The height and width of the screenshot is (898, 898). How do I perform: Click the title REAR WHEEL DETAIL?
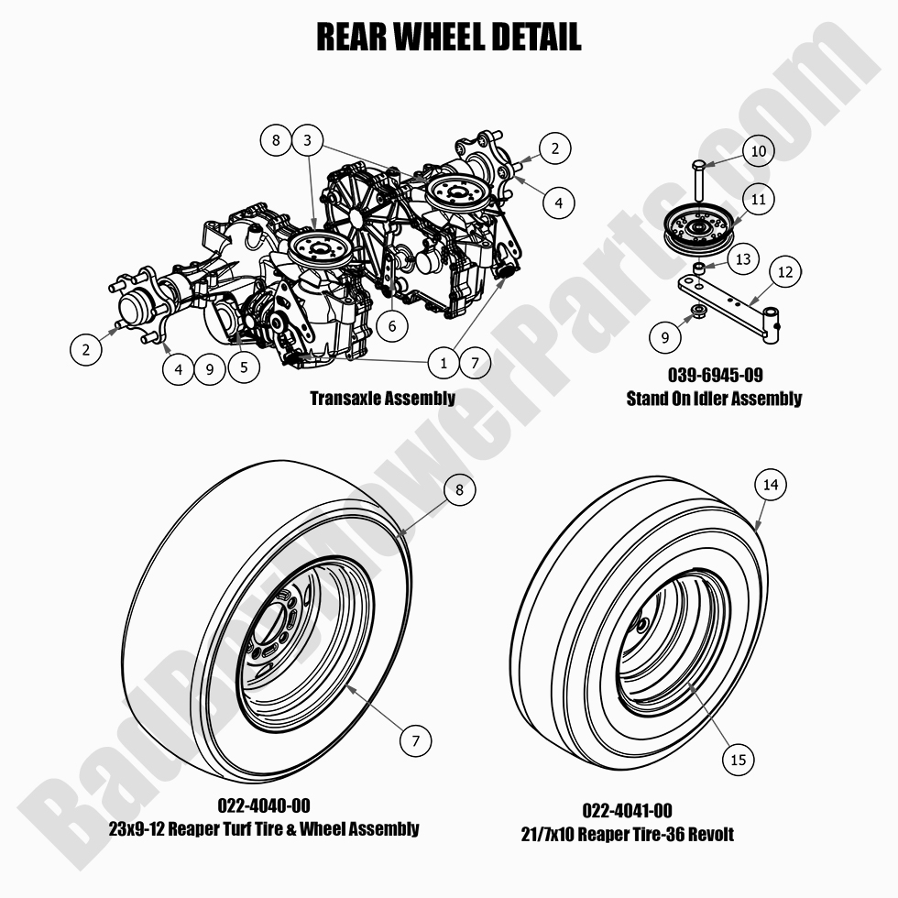448,37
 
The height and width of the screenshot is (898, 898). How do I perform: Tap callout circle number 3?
308,140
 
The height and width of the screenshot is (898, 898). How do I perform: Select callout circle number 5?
243,366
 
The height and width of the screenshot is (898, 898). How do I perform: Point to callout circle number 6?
391,324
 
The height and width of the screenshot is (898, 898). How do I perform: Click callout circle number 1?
444,363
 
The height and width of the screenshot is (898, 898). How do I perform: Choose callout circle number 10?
758,151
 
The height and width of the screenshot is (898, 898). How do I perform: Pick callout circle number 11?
758,199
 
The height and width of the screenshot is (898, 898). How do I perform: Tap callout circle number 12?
784,272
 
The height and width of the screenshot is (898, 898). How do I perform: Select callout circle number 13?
743,259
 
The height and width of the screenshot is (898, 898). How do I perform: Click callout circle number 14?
771,485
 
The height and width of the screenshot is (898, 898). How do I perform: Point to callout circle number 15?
739,759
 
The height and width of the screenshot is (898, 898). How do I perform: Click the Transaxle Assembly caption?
382,398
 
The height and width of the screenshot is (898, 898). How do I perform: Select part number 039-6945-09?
714,376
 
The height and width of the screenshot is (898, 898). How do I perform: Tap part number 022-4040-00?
264,805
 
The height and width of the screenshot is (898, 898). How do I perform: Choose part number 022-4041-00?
627,811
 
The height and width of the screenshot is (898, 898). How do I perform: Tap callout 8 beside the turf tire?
459,490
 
